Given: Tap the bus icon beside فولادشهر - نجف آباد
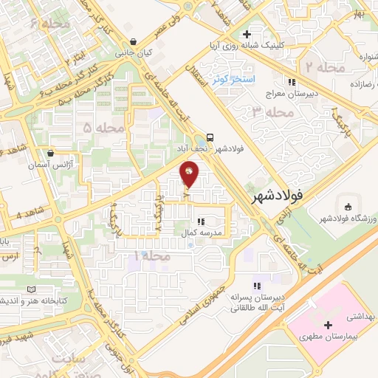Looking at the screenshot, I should pyautogui.click(x=211, y=137).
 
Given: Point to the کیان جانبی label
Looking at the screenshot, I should pyautogui.click(x=133, y=53).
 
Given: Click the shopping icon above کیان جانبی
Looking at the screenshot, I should pyautogui.click(x=132, y=41).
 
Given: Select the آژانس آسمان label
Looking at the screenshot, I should pyautogui.click(x=49, y=166).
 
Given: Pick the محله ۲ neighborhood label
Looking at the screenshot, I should pyautogui.click(x=320, y=68).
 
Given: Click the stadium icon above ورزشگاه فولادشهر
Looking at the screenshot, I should pyautogui.click(x=347, y=205).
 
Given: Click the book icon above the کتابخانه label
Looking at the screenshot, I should pyautogui.click(x=30, y=289).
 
